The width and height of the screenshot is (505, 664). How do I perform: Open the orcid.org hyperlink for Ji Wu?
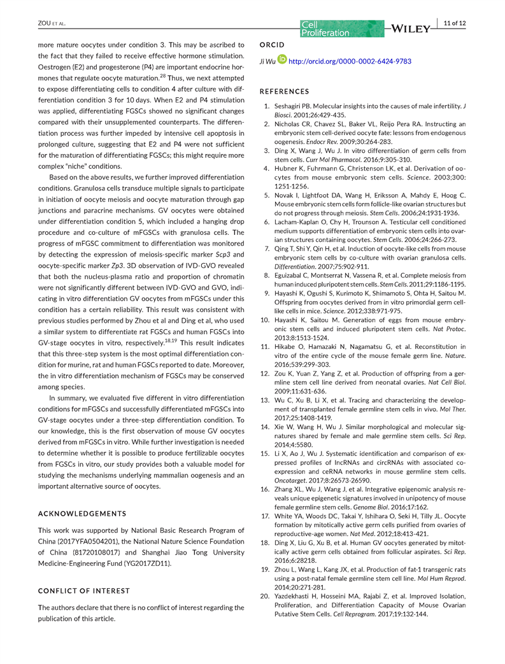350,62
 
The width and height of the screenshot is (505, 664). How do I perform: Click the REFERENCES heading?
285,92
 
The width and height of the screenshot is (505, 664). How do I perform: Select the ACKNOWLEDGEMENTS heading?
82,514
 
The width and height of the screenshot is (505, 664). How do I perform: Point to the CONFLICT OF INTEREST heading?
84,591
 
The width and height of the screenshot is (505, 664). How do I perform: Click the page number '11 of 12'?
455,24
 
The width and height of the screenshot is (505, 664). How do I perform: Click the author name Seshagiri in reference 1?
294,105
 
